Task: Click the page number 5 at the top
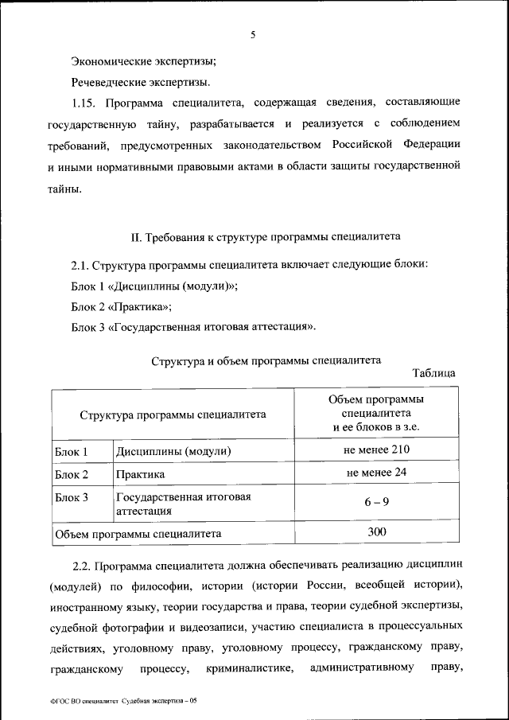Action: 254,35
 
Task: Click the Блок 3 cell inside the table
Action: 72,497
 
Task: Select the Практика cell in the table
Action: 140,474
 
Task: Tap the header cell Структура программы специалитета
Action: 173,414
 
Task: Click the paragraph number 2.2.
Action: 84,566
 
